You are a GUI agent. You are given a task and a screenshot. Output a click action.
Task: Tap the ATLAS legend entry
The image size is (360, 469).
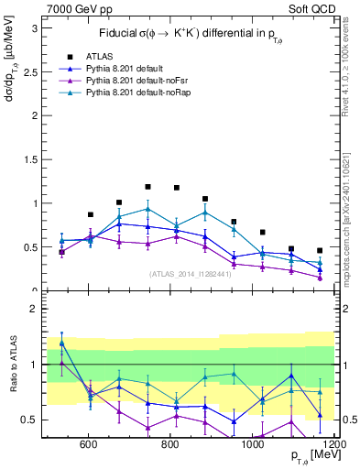tap(100, 56)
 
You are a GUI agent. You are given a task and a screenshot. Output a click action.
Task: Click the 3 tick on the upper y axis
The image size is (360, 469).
tap(33, 28)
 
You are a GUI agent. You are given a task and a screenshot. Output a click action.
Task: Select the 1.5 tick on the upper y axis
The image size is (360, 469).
tap(29, 159)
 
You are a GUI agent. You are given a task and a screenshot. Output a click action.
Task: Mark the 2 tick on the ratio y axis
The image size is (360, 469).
tap(33, 309)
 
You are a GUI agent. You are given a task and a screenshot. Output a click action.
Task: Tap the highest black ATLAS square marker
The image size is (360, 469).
tap(147, 186)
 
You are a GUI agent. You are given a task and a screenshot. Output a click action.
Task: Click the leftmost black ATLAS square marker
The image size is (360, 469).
tap(61, 252)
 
